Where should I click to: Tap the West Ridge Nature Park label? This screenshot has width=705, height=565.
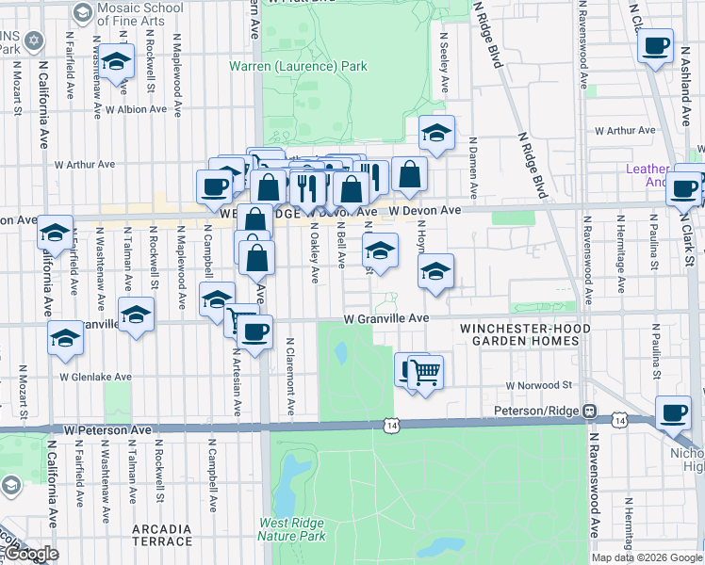[x=292, y=528]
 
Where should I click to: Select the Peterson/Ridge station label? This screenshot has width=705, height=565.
[x=536, y=411]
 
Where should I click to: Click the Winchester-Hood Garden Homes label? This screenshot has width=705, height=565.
[x=517, y=334]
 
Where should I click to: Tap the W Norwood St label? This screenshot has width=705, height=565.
[x=538, y=385]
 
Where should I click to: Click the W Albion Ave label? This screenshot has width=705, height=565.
[x=142, y=109]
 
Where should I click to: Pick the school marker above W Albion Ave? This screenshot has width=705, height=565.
[x=116, y=62]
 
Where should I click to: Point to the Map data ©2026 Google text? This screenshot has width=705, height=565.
[x=646, y=557]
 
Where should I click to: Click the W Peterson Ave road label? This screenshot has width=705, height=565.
[x=107, y=429]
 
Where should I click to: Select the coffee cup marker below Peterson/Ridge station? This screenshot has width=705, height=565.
[x=673, y=412]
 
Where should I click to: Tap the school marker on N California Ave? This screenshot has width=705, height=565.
[x=56, y=232]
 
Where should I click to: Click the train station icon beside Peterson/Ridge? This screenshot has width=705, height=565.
[x=589, y=411]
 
